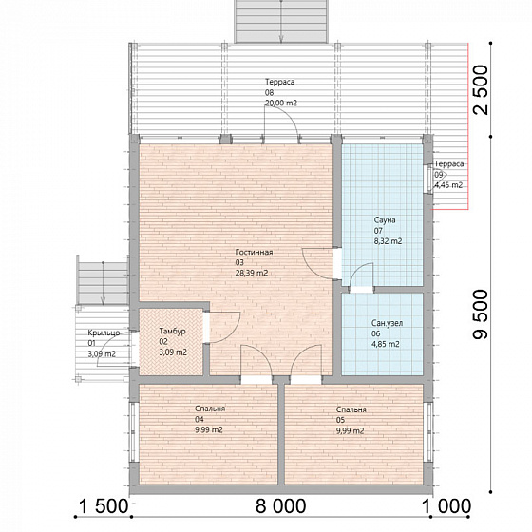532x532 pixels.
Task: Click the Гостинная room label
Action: click(255, 252)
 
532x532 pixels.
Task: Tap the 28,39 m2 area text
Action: click(252, 273)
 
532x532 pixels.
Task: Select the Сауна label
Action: click(385, 220)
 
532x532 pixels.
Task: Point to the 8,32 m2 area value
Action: click(389, 241)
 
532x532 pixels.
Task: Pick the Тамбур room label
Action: click(172, 332)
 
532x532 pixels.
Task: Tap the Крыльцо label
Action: click(104, 332)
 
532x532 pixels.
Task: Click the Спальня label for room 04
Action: click(210, 408)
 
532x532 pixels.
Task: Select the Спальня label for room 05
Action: click(351, 409)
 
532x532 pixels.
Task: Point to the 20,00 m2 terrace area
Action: click(281, 103)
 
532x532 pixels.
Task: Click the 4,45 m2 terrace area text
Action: click(448, 185)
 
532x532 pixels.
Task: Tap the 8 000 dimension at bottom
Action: click(280, 506)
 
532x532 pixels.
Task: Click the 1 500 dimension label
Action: click(104, 506)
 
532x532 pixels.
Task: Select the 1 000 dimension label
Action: click(446, 506)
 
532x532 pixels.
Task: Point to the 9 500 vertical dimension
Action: click(481, 314)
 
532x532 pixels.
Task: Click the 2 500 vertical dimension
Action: click(481, 90)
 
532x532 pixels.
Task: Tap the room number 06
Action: click(375, 333)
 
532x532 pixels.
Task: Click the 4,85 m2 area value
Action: click(386, 344)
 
